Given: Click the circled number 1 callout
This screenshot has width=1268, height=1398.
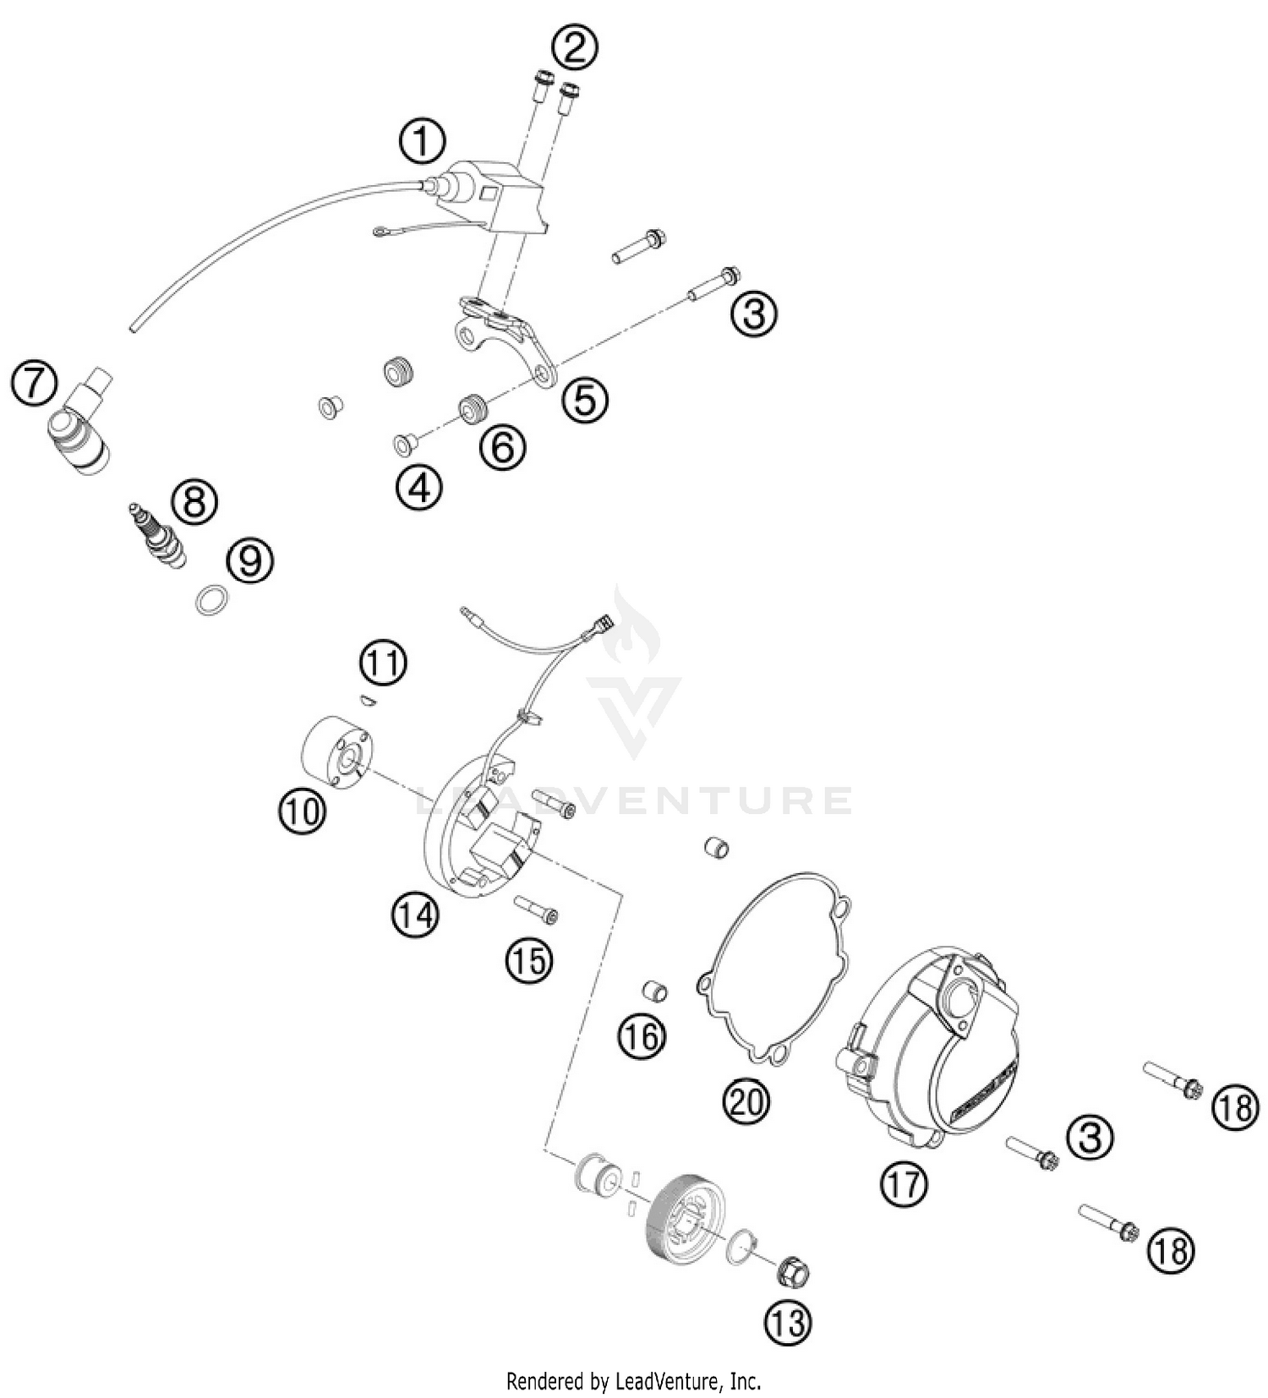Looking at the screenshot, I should pos(422,142).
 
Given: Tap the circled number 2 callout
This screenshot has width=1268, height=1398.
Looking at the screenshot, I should pos(575,47).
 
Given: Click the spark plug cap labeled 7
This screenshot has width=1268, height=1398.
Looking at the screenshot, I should pos(83,431).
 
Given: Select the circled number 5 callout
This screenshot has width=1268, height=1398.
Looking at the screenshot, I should pos(586,399).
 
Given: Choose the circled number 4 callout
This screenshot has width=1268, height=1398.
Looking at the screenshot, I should pos(420,489).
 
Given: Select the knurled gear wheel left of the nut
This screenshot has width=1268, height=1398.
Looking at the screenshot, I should pos(686,1216).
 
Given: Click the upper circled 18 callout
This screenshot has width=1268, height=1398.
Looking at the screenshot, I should pos(1236,1107).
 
